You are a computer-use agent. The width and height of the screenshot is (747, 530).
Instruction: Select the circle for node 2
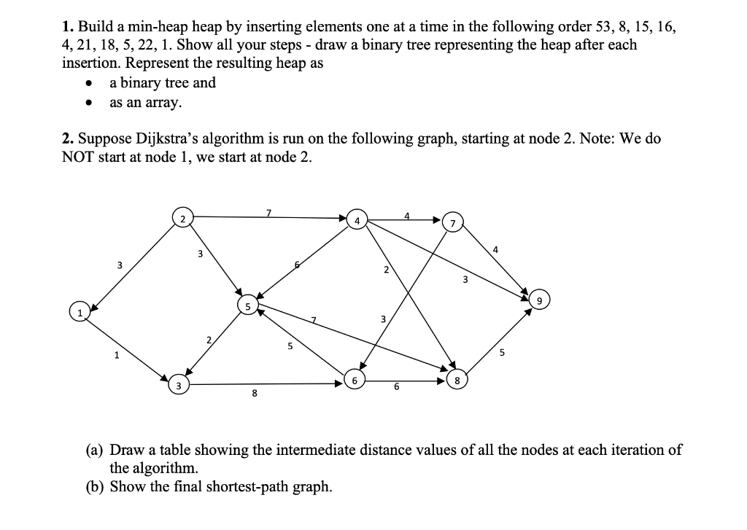click(182, 218)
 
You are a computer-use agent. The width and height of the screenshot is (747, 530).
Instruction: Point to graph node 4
click(357, 219)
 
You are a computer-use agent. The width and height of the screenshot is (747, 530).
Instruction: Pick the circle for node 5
click(247, 308)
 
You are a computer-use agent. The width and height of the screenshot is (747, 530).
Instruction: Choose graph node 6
click(355, 381)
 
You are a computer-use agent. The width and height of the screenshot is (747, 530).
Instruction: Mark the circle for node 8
click(457, 380)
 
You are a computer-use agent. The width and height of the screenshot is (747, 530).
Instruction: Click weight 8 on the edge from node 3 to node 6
click(254, 394)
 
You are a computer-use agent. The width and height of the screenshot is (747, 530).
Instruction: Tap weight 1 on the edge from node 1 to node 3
click(115, 356)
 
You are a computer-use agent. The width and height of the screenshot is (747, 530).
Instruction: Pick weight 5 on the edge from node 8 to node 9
click(502, 354)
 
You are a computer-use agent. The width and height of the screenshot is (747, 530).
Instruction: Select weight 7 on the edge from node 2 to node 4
click(268, 212)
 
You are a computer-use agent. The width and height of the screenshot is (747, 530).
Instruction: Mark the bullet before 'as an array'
click(89, 103)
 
